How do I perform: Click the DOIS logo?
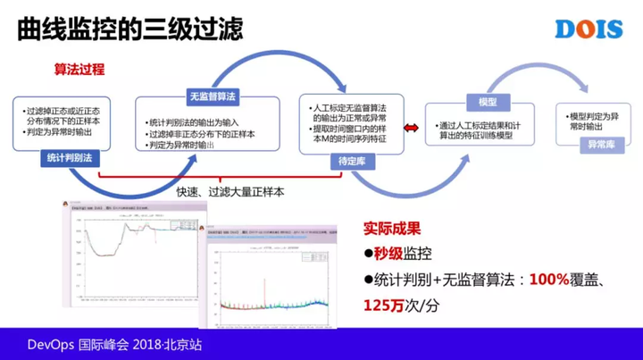[x=588, y=28]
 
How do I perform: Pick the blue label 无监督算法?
[x=212, y=96]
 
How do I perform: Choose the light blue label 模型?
[x=488, y=101]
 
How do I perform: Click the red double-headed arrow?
[x=412, y=129]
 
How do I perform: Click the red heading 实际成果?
[x=392, y=229]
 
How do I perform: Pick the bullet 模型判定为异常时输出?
[x=591, y=121]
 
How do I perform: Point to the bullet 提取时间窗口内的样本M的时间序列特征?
[x=352, y=134]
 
